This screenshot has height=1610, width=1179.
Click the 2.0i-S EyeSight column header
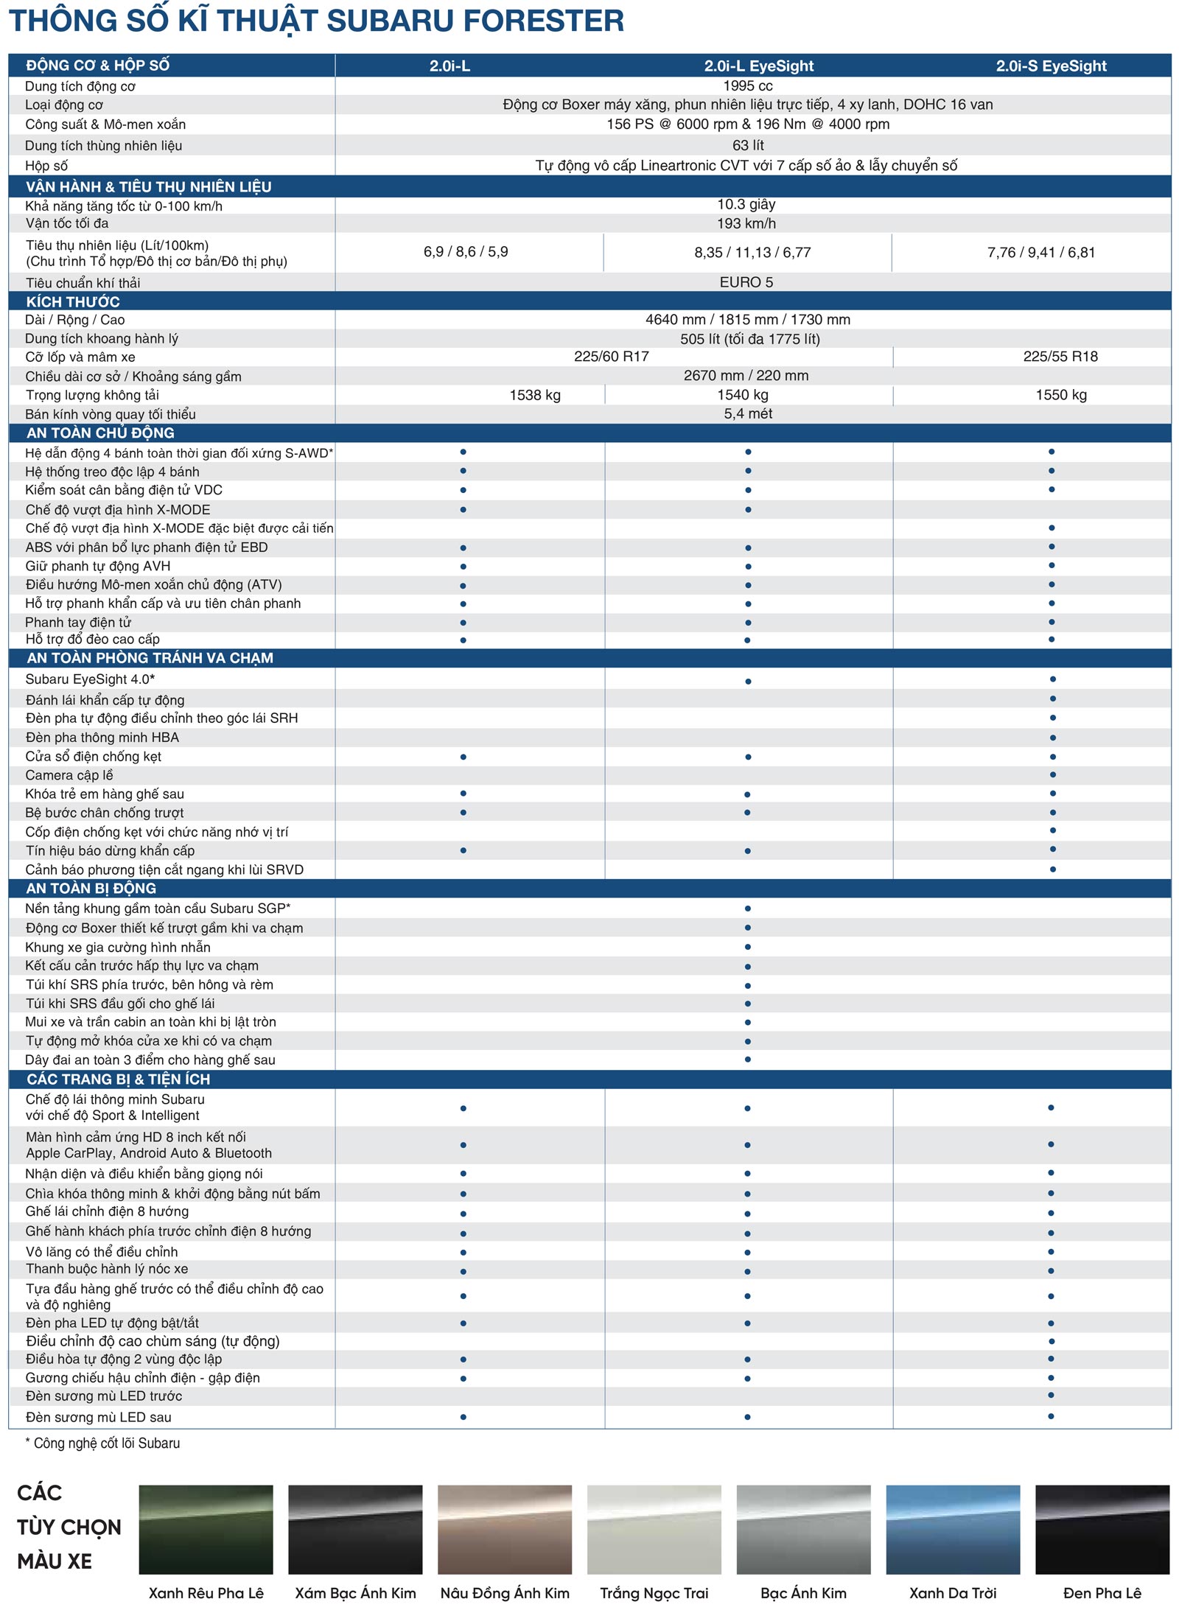coord(1051,66)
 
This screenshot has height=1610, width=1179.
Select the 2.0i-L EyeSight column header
coord(758,66)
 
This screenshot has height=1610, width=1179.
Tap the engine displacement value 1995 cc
coord(747,85)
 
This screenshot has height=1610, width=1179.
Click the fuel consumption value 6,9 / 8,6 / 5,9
coord(466,252)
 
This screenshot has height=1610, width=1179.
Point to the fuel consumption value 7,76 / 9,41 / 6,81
coord(1040,253)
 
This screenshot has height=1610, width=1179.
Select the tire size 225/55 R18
coord(1060,357)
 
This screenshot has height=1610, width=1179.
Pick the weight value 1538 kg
coord(535,395)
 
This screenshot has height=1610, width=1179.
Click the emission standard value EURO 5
coord(746,282)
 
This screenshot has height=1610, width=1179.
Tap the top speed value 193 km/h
coord(746,223)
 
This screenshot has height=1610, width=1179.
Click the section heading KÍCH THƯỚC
coord(73,301)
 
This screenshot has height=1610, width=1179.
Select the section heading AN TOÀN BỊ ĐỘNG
coord(91,888)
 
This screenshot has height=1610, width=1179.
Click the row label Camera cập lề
coord(69,775)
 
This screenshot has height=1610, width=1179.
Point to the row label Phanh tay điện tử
coord(78,623)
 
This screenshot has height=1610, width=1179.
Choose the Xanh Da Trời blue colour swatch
coord(952,1529)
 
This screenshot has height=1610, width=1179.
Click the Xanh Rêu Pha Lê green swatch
coord(206,1529)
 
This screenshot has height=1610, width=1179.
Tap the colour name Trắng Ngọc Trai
coord(654,1593)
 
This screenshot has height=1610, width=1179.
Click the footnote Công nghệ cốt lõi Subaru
coord(106,1443)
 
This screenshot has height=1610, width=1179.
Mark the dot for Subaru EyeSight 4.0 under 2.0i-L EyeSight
coord(748,681)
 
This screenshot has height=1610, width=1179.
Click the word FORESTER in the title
coord(543,21)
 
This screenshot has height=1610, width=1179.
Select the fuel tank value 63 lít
coord(747,145)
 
